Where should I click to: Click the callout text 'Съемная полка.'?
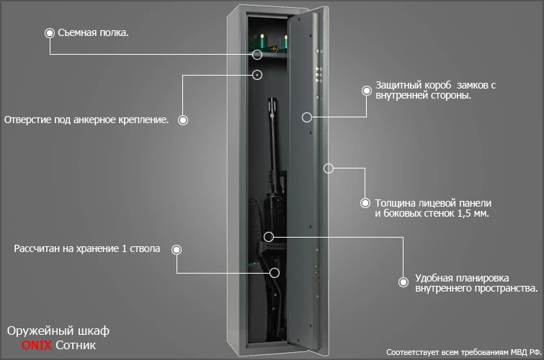pyautogui.click(x=93, y=33)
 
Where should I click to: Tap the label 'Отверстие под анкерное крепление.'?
pyautogui.click(x=86, y=120)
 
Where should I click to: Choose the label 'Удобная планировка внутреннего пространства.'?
pyautogui.click(x=476, y=283)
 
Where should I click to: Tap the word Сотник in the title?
pyautogui.click(x=75, y=346)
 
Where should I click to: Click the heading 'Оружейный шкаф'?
pyautogui.click(x=58, y=331)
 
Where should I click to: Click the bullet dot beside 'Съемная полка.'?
pyautogui.click(x=50, y=33)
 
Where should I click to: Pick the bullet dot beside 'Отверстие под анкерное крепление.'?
pyautogui.click(x=183, y=120)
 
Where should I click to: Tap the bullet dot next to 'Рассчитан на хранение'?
pyautogui.click(x=177, y=249)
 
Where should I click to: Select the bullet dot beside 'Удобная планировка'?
pyautogui.click(x=402, y=283)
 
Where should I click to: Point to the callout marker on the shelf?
pyautogui.click(x=257, y=53)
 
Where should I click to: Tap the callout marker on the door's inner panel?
pyautogui.click(x=306, y=116)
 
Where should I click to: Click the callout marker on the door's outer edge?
pyautogui.click(x=328, y=168)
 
